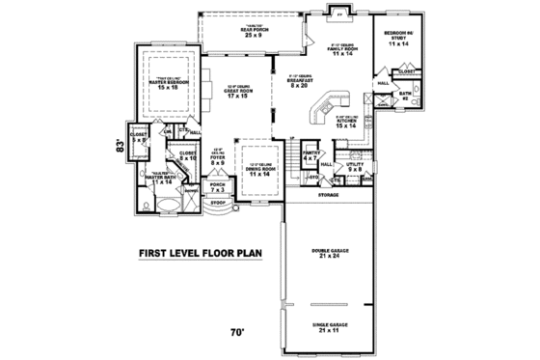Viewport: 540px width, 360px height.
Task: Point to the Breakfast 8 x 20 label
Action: [300, 84]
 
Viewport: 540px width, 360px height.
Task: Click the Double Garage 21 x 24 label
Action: [331, 253]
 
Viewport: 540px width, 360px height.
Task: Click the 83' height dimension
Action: [120, 148]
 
